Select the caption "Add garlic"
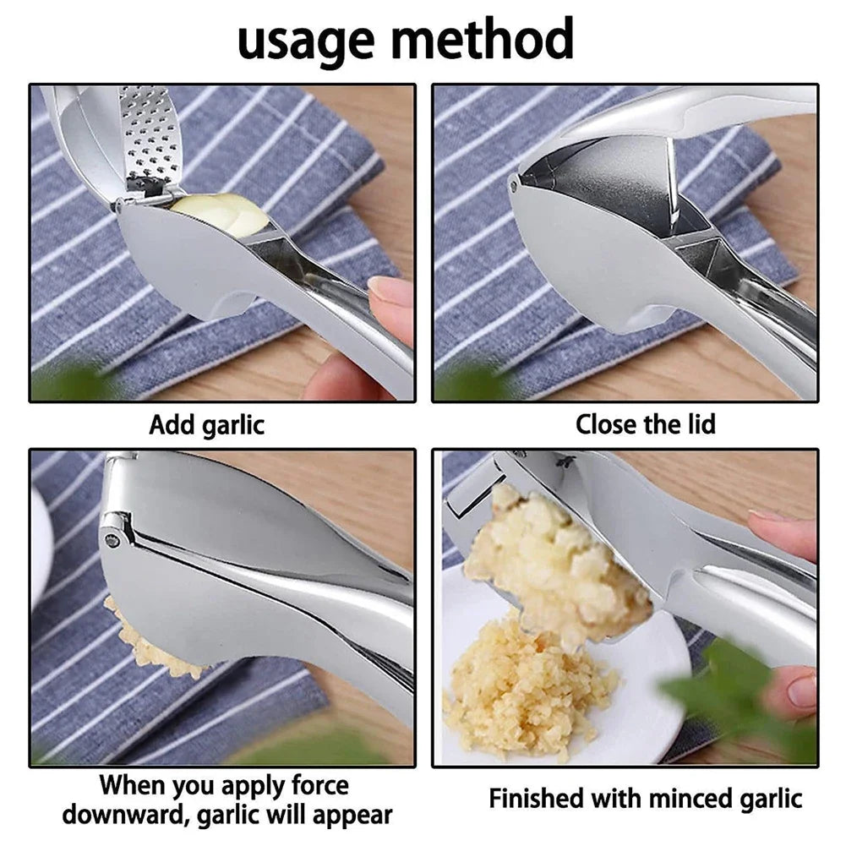click(206, 423)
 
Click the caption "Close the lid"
click(645, 423)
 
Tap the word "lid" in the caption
click(696, 423)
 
